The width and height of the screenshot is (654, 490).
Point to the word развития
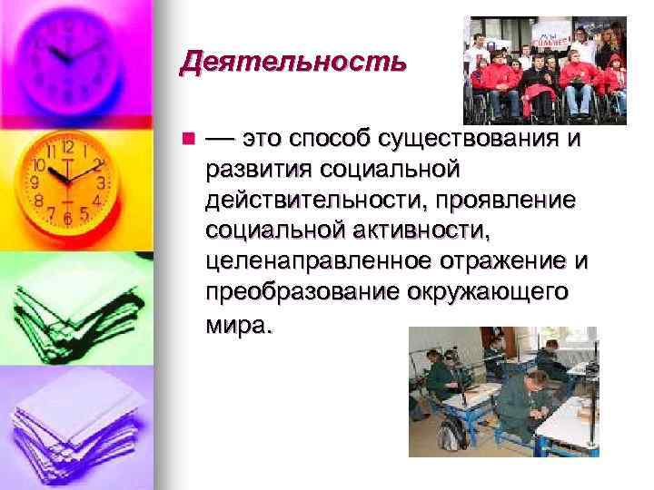click(258, 170)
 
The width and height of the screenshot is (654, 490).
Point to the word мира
click(238, 325)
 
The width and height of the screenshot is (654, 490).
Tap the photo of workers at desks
click(502, 390)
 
